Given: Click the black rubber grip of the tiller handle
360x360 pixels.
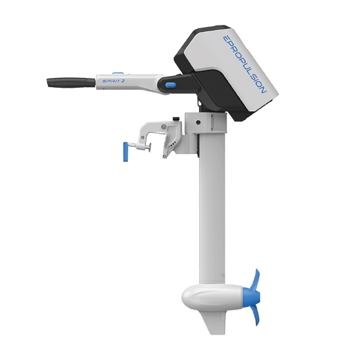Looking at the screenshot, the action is coord(71,82).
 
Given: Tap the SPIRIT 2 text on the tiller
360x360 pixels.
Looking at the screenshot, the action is coord(113,81).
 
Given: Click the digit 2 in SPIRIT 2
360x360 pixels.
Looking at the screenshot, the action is coord(122,81).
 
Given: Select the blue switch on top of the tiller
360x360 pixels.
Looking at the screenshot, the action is coord(118,73).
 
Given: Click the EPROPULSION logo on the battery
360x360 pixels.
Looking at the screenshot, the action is coord(245,64).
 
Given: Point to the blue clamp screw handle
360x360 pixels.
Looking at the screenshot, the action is coord(126,152).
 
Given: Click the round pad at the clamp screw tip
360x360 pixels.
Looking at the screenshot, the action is coord(150,147).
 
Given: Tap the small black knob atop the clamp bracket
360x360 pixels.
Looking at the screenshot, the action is coord(176,118).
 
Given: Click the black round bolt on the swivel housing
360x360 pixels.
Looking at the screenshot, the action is coord(198,122).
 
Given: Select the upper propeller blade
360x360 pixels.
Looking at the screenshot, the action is coord(256,281).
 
